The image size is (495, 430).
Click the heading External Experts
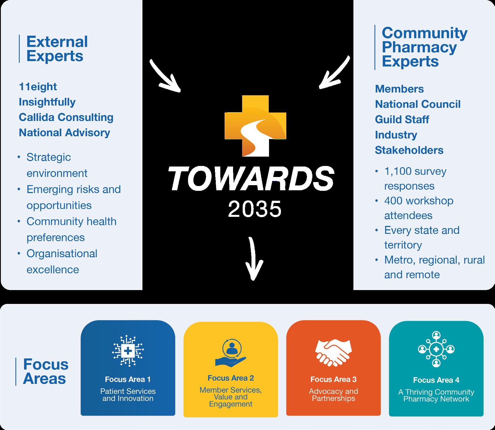point(57,49)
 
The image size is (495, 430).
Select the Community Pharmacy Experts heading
point(424,47)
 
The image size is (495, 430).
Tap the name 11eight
point(38,87)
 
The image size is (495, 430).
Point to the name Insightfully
point(47,102)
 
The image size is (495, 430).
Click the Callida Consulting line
point(66,117)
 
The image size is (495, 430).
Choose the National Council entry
point(418,104)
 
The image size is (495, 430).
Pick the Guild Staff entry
point(402,119)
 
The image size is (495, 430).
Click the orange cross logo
point(255,126)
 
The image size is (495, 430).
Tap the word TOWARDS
point(251,179)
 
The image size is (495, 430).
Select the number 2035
point(255,209)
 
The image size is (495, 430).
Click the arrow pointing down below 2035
point(254,259)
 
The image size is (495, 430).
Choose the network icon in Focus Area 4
point(436,349)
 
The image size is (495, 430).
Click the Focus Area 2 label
point(231,378)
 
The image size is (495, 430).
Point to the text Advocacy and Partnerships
point(333,395)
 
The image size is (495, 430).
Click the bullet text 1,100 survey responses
point(415,179)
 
